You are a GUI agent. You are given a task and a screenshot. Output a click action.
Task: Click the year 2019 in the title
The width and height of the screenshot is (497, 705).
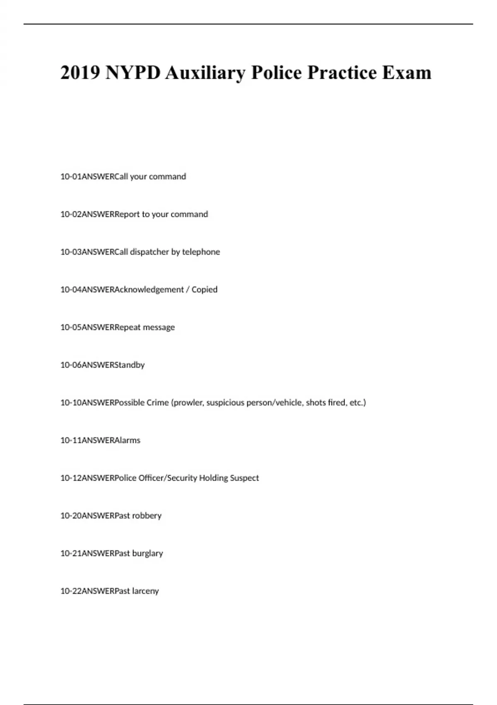coord(80,73)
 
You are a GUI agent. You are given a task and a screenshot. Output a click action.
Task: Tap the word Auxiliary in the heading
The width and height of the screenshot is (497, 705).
coord(205,73)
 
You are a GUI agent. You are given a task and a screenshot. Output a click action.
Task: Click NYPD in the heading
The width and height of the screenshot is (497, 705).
coord(133,73)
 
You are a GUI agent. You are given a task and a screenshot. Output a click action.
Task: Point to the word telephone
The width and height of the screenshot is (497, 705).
coord(201,252)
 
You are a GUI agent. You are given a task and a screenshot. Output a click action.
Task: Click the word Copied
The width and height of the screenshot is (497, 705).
coord(204,289)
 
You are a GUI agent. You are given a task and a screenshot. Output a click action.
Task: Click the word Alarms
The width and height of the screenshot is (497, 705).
coord(128,440)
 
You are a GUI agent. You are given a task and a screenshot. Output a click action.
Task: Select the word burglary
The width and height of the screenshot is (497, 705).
coord(147,554)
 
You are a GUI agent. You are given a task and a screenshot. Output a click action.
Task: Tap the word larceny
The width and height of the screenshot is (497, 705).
coord(145,591)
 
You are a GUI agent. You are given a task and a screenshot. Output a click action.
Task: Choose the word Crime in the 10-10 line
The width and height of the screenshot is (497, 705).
coord(157,403)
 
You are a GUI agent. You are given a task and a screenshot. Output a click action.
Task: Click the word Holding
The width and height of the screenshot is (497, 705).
coord(213,478)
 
